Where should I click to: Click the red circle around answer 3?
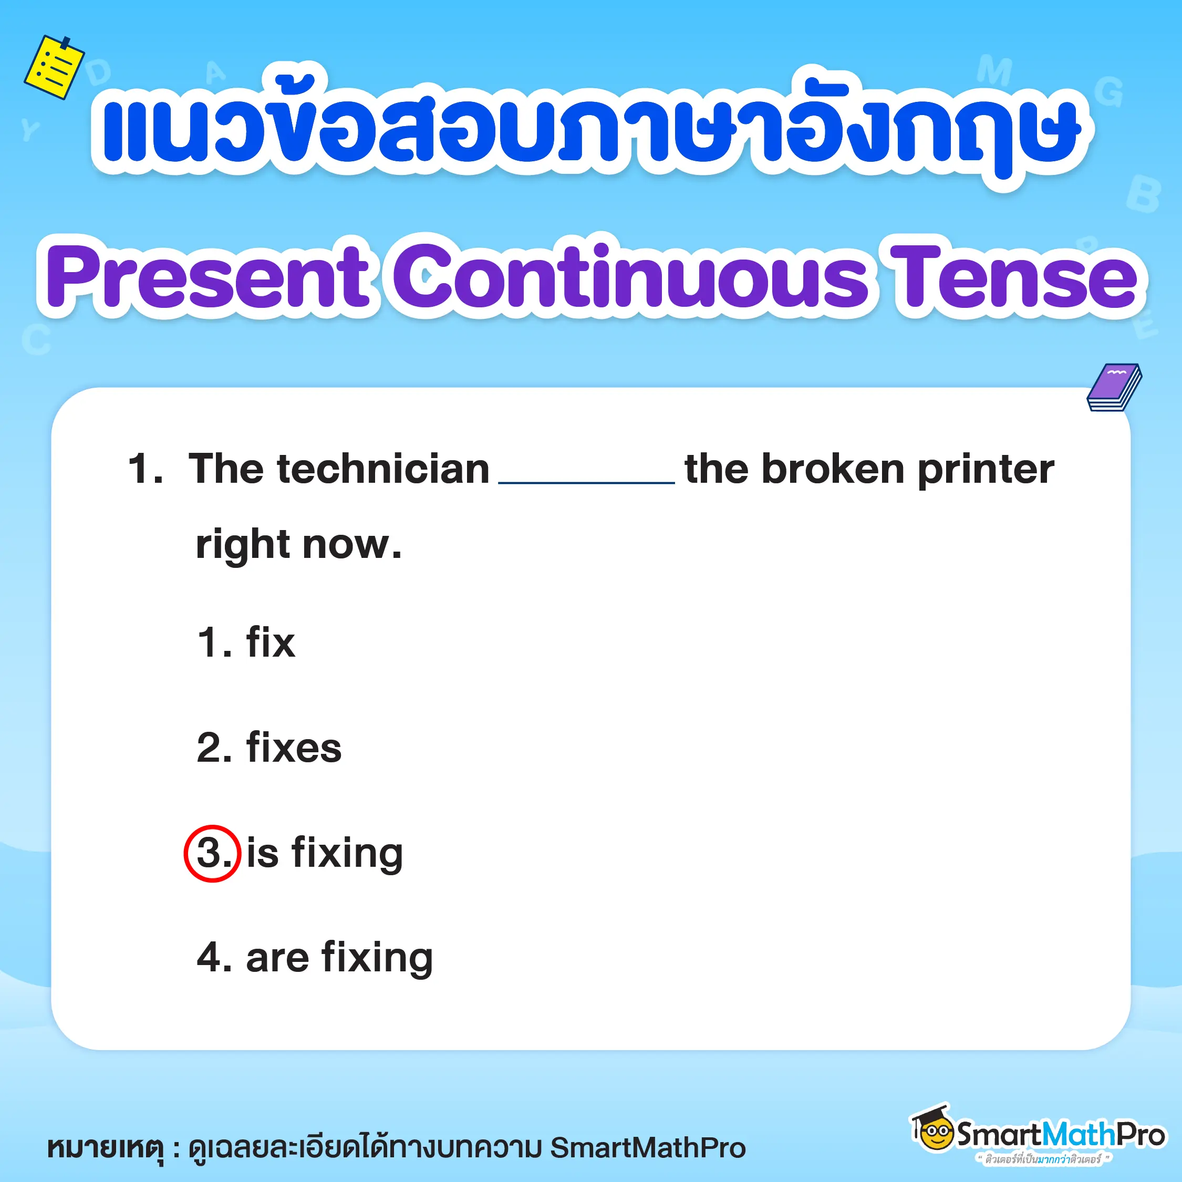[212, 854]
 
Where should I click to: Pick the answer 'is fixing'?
[324, 853]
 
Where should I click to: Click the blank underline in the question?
[587, 483]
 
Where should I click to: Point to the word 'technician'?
[383, 469]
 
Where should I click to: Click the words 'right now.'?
[298, 544]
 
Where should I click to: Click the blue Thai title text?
[590, 126]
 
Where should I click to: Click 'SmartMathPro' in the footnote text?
[648, 1148]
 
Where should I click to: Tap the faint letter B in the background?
[1143, 194]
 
